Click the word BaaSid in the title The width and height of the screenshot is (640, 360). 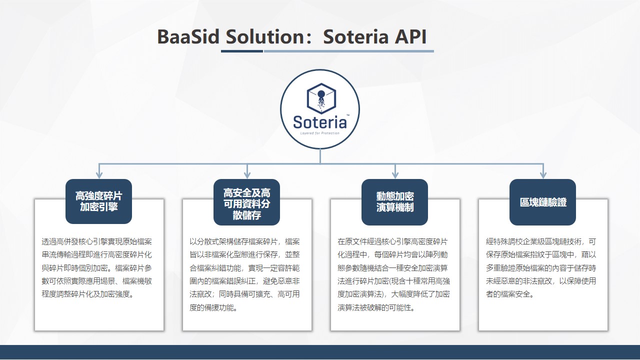(188, 37)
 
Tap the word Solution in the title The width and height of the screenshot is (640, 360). (265, 37)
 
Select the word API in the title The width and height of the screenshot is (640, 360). (410, 37)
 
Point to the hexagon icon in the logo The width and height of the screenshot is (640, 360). (321, 98)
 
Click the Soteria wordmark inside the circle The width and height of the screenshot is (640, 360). (319, 122)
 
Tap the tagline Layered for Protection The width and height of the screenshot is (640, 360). (319, 133)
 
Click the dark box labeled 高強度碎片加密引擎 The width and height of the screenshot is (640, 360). (99, 201)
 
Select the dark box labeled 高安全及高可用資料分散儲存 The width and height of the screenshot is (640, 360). (247, 202)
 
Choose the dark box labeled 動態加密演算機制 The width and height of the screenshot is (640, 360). (395, 202)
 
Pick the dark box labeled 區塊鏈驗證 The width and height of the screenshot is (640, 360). (543, 202)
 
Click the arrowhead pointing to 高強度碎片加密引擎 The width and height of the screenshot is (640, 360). (99, 174)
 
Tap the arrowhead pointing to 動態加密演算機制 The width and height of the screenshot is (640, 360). (395, 174)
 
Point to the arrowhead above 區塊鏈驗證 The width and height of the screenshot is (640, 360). (543, 174)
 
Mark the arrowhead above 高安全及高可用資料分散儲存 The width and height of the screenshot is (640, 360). (247, 174)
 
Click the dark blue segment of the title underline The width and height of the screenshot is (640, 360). (242, 51)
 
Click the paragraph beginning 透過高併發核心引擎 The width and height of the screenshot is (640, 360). (97, 268)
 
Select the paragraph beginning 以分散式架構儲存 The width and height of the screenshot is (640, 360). (244, 274)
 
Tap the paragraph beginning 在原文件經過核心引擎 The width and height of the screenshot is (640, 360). (393, 274)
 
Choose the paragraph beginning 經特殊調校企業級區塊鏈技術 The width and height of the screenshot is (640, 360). (541, 268)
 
